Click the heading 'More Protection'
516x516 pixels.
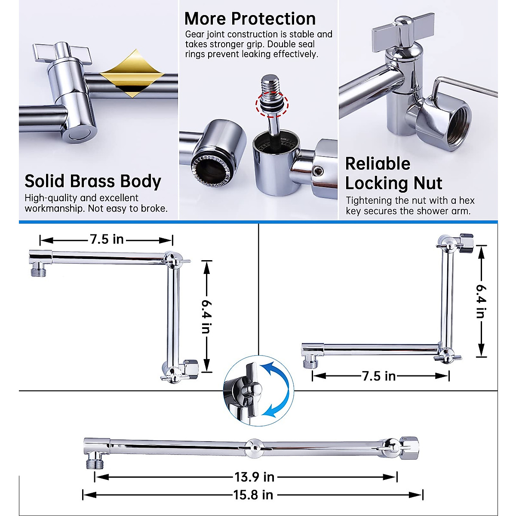pos(250,18)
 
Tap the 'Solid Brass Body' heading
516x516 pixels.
pos(93,181)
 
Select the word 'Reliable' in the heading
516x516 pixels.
pos(378,164)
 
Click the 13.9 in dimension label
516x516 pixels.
pos(254,477)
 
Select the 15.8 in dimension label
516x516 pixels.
pos(253,495)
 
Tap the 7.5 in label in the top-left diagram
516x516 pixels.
pos(107,239)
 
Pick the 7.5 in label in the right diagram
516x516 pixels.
pos(379,376)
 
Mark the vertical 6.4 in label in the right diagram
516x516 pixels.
pos(481,301)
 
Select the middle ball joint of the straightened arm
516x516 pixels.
pos(254,447)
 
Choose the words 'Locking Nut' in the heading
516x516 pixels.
pos(393,184)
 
